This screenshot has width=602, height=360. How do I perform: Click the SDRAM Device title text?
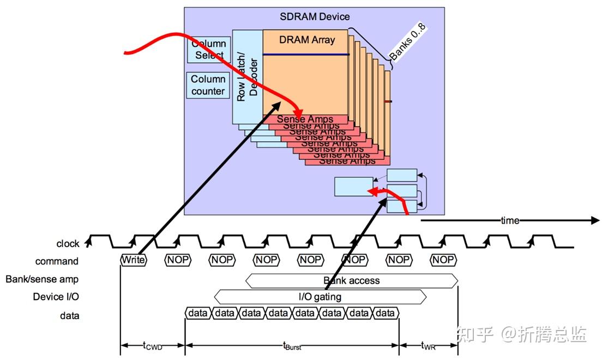(x=315, y=17)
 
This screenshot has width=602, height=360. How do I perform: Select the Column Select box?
(x=209, y=49)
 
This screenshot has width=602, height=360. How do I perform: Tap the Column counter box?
(x=208, y=85)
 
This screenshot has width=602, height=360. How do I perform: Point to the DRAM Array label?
(x=307, y=39)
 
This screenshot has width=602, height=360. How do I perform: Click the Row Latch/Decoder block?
(x=248, y=76)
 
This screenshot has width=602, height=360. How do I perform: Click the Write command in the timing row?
(x=134, y=260)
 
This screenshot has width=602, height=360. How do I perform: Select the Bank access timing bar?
(x=352, y=281)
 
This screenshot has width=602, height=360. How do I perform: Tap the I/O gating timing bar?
(x=320, y=297)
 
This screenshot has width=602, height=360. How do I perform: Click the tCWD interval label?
(x=153, y=345)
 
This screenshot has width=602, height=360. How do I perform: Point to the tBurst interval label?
(x=292, y=345)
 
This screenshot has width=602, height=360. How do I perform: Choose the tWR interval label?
(x=429, y=345)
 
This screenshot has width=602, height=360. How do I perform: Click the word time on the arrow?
(x=510, y=220)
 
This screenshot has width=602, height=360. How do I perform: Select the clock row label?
(x=68, y=243)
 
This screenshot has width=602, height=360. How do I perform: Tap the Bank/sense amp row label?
(x=42, y=279)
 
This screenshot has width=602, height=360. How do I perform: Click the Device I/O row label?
(x=56, y=297)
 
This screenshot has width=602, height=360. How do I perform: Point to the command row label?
(x=57, y=261)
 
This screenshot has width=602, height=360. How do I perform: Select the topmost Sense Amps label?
(x=305, y=119)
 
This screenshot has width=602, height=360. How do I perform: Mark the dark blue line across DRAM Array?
(x=306, y=54)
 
